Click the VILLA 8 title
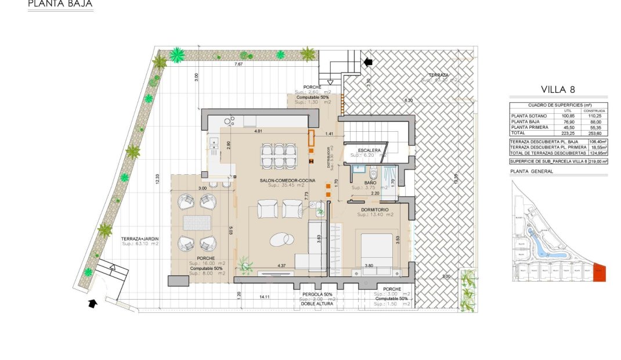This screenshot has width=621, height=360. click(x=558, y=89)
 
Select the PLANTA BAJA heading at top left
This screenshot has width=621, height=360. click(x=60, y=4)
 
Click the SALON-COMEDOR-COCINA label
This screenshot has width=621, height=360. click(x=288, y=181)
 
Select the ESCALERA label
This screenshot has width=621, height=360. click(x=369, y=150)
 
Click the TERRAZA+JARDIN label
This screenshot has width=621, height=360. click(x=140, y=239)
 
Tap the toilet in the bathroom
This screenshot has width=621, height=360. click(x=374, y=172)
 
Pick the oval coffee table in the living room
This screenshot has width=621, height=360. click(x=281, y=239)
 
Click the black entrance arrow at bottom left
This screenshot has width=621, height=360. click(x=92, y=303)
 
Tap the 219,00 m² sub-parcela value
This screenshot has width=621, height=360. click(x=598, y=161)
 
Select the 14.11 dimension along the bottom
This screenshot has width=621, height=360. click(x=264, y=297)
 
